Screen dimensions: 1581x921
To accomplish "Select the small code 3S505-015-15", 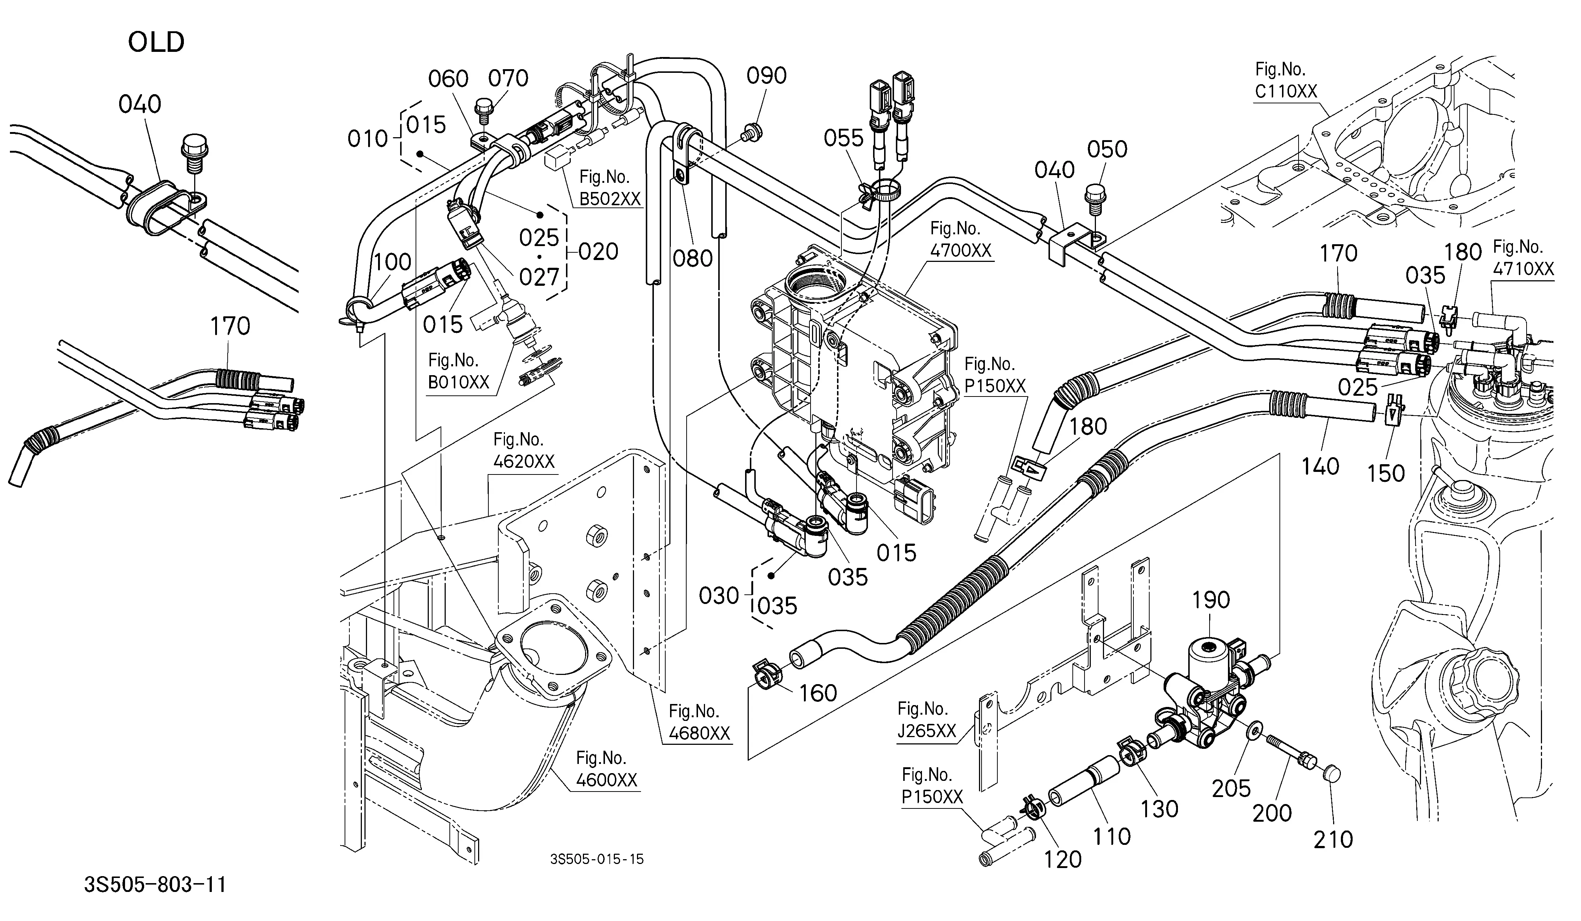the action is [597, 859].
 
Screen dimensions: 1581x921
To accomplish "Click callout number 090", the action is [766, 76].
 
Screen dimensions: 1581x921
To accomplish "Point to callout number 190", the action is [1210, 600].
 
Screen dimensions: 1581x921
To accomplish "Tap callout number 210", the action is [1333, 839].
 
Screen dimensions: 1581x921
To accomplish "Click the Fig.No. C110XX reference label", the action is [1285, 80].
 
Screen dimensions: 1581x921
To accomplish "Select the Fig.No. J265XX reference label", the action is [927, 719].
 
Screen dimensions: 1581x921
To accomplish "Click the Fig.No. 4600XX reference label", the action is [606, 769].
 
